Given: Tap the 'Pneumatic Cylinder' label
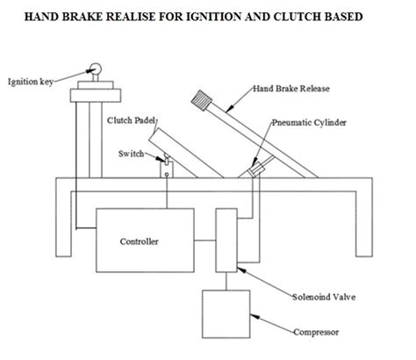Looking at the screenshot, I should pos(304,126).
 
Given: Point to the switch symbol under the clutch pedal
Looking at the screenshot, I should pos(165,161).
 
